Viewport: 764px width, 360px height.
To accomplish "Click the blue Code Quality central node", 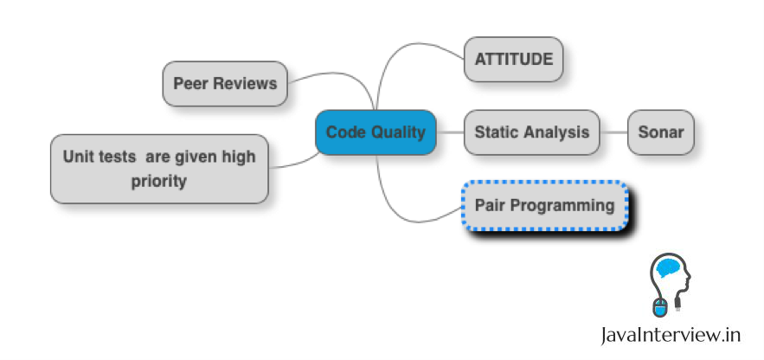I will click(x=376, y=132).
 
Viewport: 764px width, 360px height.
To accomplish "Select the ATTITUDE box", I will click(x=513, y=61).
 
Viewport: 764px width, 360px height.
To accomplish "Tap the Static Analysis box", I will click(x=532, y=132).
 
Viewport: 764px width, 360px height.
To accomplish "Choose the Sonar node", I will click(x=660, y=132).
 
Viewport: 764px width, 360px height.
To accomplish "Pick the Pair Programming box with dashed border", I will click(x=544, y=206).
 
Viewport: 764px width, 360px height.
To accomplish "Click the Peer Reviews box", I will click(x=225, y=84).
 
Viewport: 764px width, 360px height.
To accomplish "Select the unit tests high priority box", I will click(x=159, y=169).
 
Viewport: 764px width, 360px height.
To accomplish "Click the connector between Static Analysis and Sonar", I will click(x=613, y=132).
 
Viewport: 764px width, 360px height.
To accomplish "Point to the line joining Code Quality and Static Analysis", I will click(x=450, y=132).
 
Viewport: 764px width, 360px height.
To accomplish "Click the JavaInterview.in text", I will click(x=672, y=334).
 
